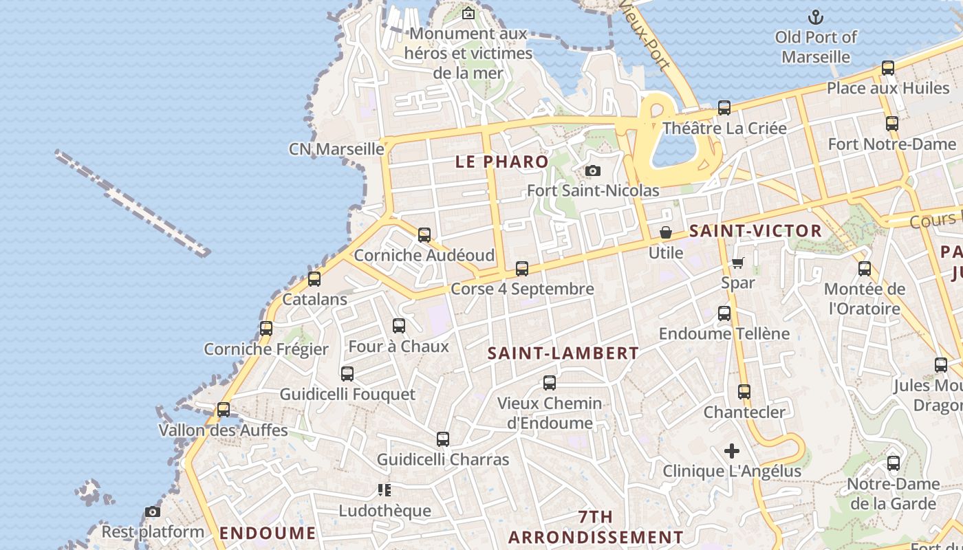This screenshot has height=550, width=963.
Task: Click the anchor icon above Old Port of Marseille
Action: [816, 16]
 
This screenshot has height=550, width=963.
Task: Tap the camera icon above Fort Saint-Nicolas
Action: [592, 170]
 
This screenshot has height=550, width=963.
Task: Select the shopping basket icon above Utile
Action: [665, 233]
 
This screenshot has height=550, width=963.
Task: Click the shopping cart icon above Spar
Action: [738, 263]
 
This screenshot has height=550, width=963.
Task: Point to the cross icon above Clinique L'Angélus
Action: [732, 451]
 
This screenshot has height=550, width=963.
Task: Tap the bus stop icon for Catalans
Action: [314, 279]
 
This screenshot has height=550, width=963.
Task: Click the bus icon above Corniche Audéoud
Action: [424, 235]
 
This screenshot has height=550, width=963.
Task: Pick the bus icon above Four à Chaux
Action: [399, 326]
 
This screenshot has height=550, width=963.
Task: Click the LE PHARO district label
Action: [502, 162]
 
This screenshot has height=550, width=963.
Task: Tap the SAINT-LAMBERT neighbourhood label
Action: [563, 353]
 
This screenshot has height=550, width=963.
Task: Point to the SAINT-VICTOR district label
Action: [755, 231]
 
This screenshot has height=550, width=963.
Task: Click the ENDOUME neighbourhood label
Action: [268, 533]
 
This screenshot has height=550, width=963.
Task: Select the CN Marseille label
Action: [336, 148]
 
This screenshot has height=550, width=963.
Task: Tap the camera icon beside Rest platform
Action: [153, 512]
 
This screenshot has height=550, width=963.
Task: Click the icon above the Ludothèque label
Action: [385, 490]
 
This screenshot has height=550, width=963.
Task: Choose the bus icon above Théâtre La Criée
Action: [724, 108]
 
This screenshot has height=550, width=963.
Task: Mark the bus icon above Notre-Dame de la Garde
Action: [894, 463]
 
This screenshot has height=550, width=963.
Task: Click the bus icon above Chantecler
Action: [744, 392]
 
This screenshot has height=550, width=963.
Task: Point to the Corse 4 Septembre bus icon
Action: [522, 269]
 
